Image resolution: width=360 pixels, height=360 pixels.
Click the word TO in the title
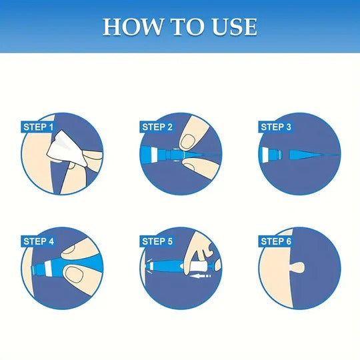coord(181,27)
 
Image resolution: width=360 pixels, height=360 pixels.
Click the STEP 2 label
coord(157,127)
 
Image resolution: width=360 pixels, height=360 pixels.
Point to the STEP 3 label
coord(275,127)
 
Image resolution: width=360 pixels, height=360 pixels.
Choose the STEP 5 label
coord(157,241)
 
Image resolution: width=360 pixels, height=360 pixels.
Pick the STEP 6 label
coord(275,241)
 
